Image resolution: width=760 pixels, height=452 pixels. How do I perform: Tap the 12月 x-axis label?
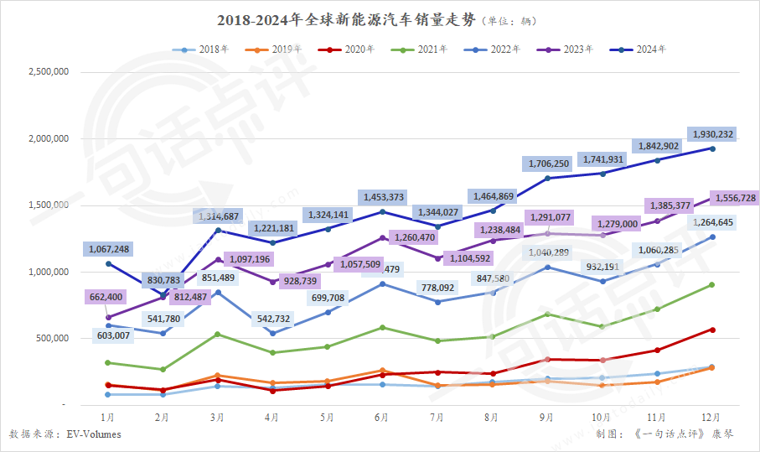point(711,417)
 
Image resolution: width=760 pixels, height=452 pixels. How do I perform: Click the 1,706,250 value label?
point(547,164)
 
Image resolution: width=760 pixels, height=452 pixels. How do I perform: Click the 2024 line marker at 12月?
point(711,148)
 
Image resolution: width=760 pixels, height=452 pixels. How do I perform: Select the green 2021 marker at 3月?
point(218,335)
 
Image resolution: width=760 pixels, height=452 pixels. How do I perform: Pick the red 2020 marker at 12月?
point(711,330)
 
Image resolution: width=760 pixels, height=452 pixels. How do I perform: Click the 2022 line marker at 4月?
point(272,333)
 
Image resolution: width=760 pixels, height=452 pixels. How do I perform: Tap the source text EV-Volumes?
point(94,434)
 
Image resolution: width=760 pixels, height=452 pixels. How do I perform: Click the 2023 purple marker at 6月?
point(382,238)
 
